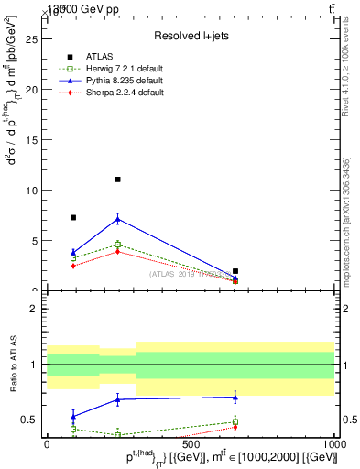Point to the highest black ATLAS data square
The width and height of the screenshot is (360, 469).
pos(117,180)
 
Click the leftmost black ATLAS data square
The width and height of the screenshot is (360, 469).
pos(73,217)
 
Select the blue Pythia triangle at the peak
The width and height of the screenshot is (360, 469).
pos(117,219)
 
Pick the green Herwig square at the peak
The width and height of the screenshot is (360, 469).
pos(117,245)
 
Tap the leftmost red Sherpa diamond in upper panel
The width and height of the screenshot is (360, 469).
pos(73,266)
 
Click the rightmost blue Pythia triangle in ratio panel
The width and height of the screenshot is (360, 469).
pos(235,397)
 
